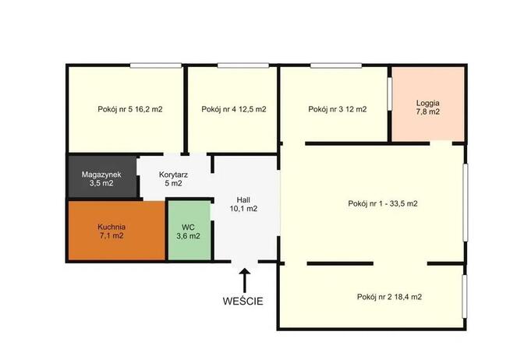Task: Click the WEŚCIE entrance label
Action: [x=243, y=301]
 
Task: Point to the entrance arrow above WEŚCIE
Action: [x=245, y=281]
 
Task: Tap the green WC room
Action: [x=189, y=230]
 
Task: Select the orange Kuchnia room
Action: [x=117, y=231]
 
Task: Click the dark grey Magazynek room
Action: [x=102, y=176]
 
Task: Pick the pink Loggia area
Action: [x=427, y=104]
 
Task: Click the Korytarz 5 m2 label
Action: [x=173, y=178]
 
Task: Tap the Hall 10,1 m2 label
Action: [x=243, y=204]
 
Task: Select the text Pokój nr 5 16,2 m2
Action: [x=130, y=109]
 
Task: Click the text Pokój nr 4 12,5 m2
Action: [x=234, y=109]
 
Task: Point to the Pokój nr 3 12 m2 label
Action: [x=338, y=109]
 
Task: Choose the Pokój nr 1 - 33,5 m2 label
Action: [x=383, y=203]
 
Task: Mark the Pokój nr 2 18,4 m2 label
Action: [x=389, y=297]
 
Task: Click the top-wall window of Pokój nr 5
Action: [x=156, y=65]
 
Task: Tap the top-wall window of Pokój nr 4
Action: [x=243, y=65]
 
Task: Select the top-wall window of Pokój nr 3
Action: [x=336, y=65]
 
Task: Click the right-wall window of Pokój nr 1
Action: [x=466, y=203]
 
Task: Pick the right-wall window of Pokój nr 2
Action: [x=465, y=296]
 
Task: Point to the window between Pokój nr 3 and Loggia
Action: [x=390, y=94]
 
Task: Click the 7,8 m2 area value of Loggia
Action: [x=427, y=111]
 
